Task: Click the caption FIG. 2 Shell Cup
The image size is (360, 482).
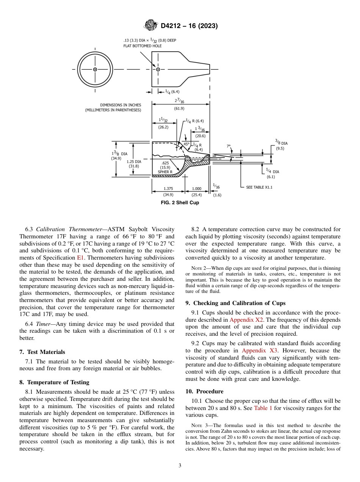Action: tap(180, 203)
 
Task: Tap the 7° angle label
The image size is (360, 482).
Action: tap(229, 146)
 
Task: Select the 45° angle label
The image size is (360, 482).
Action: tap(186, 144)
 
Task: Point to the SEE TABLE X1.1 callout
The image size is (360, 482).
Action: tap(259, 187)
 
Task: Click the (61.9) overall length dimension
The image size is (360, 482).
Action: tap(179, 108)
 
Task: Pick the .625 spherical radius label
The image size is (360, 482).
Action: tap(165, 163)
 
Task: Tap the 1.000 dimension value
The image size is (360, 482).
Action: tap(197, 188)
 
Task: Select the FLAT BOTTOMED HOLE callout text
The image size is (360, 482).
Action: tap(142, 46)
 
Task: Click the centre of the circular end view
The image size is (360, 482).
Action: tap(95, 69)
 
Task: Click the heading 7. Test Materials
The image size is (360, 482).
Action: tap(42, 352)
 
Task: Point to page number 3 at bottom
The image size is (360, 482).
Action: tap(180, 466)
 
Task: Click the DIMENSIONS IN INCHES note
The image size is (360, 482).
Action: tap(121, 105)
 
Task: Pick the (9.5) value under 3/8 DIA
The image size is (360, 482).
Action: tap(280, 149)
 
